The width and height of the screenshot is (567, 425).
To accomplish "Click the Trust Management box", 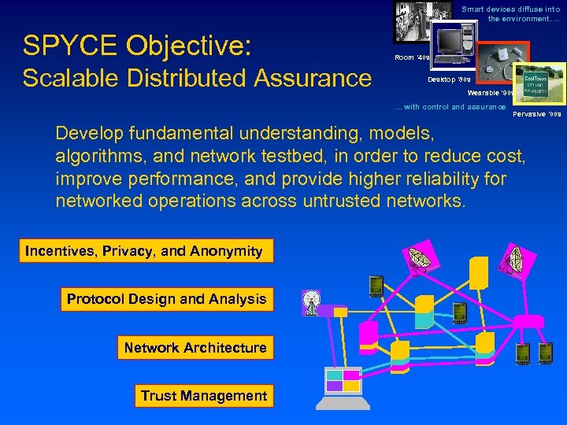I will tap(203, 396).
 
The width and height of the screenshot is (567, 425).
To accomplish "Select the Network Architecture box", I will tap(195, 348).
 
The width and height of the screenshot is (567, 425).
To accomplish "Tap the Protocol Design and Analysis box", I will tap(167, 299).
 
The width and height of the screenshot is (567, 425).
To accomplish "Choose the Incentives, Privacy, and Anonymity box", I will tap(144, 251).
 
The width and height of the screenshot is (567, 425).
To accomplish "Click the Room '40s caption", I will tap(410, 58).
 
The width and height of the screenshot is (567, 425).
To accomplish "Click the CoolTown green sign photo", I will tap(539, 83).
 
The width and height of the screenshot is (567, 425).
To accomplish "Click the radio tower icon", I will tap(311, 302).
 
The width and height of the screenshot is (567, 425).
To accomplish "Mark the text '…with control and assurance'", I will tap(450, 107).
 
